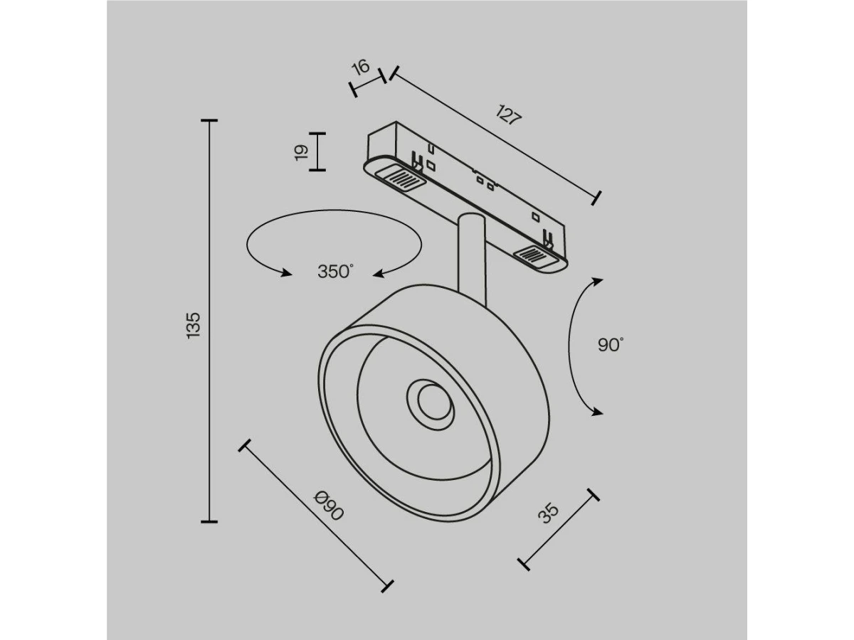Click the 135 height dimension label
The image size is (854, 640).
tap(194, 325)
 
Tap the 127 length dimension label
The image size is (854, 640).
tap(509, 114)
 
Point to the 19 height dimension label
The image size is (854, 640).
tap(301, 152)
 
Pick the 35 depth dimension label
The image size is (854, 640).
tap(548, 513)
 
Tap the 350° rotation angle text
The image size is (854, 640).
tap(336, 272)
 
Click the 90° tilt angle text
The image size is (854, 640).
tap(611, 345)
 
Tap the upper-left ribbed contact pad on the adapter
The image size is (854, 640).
tap(401, 178)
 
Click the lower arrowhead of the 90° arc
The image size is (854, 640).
tap(596, 412)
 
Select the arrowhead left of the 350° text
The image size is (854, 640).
tap(286, 272)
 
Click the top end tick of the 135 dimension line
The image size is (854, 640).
tap(209, 120)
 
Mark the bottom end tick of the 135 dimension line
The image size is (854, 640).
tap(209, 521)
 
